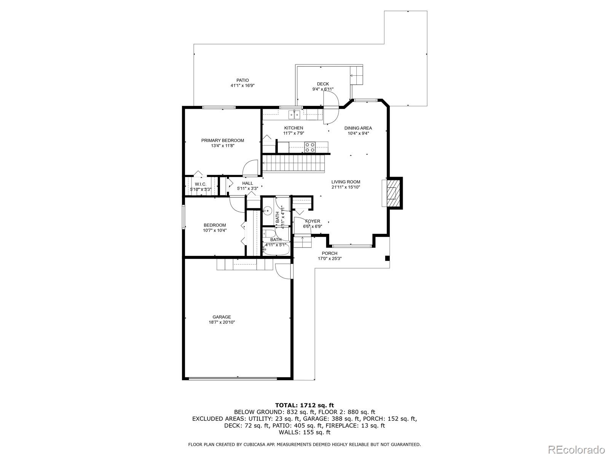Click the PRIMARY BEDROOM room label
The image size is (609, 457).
[223, 141]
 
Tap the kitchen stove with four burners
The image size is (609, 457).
[310, 147]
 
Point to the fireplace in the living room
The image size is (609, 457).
[392, 193]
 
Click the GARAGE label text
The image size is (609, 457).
[222, 317]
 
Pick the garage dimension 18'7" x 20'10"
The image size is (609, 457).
[222, 322]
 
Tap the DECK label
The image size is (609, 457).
[323, 84]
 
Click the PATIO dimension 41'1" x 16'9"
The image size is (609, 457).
[242, 86]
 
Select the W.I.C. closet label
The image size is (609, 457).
[201, 184]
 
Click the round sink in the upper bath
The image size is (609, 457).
[268, 209]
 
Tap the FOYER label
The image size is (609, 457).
[312, 221]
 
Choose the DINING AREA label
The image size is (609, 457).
[358, 128]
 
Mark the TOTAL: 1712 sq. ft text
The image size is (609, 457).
[304, 405]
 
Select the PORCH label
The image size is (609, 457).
[330, 253]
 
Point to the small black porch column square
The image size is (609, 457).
[387, 259]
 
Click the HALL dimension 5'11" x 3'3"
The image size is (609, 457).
[247, 188]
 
